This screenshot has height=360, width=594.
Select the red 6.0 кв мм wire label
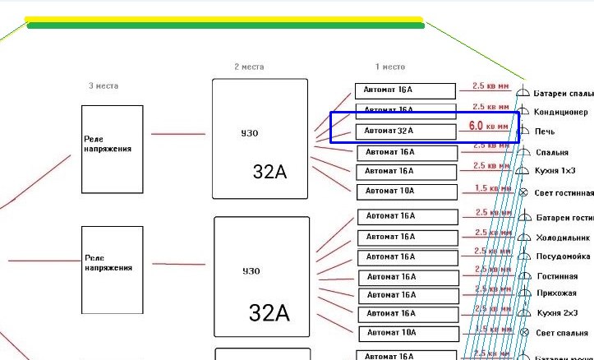pyautogui.click(x=488, y=127)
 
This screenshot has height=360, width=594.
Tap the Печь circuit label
pyautogui.click(x=545, y=132)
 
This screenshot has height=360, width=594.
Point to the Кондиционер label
pyautogui.click(x=561, y=113)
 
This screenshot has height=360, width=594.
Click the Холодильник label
pyautogui.click(x=564, y=238)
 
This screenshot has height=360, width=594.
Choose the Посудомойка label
pyautogui.click(x=563, y=256)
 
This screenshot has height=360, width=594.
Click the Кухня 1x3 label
pyautogui.click(x=556, y=172)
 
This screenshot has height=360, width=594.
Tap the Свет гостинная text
pyautogui.click(x=564, y=193)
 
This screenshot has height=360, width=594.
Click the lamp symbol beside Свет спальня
pyautogui.click(x=523, y=331)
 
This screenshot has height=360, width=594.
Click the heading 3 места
pyautogui.click(x=104, y=85)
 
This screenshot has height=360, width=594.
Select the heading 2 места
pyautogui.click(x=250, y=67)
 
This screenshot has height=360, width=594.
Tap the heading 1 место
pyautogui.click(x=389, y=67)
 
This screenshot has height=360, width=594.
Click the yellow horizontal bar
pyautogui.click(x=223, y=19)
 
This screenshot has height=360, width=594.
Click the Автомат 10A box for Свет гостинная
pyautogui.click(x=407, y=192)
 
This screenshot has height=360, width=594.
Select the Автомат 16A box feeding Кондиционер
pyautogui.click(x=404, y=110)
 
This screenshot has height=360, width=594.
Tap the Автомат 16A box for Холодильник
pyautogui.click(x=407, y=237)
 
